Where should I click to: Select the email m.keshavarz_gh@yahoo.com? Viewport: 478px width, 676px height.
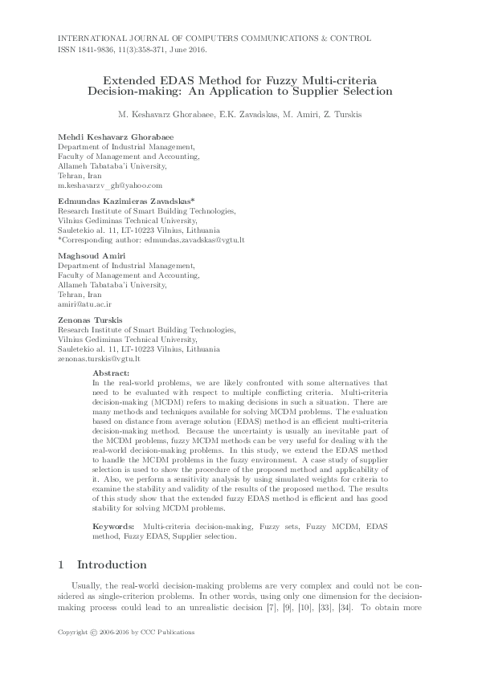click(104, 185)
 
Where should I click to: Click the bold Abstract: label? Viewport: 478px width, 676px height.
click(111, 373)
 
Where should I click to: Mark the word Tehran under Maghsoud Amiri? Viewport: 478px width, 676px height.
click(70, 295)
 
